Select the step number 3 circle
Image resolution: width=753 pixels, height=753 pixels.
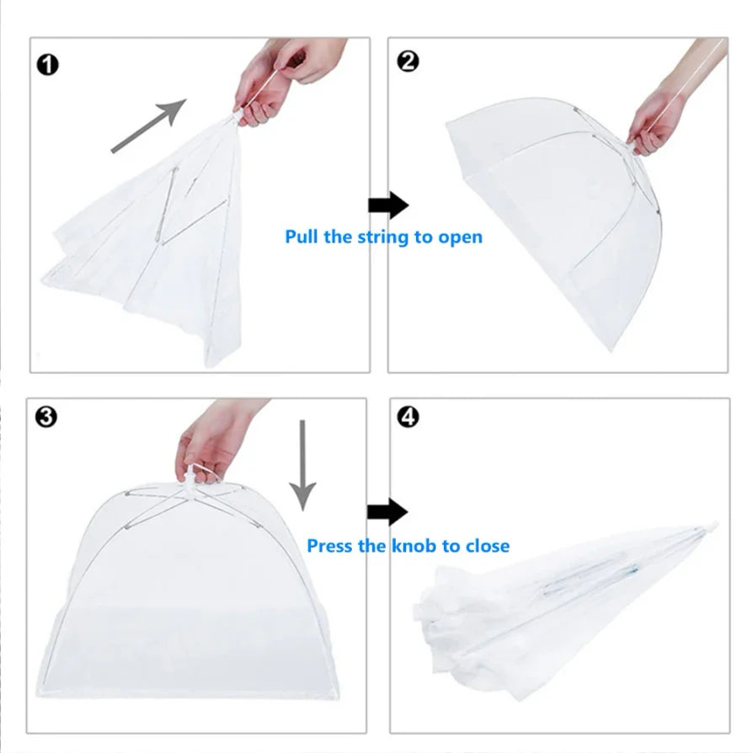click(x=48, y=416)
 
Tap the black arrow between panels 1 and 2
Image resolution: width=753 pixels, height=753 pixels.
click(x=387, y=205)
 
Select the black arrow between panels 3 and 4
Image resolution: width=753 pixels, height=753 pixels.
click(x=387, y=510)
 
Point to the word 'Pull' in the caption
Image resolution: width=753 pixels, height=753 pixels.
click(x=302, y=236)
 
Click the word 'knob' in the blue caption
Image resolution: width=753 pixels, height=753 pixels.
click(x=413, y=546)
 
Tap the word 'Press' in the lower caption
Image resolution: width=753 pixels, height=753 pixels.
click(x=334, y=546)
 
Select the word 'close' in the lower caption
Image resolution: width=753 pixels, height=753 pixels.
click(x=486, y=546)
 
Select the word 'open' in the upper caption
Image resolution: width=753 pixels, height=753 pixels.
click(x=460, y=237)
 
